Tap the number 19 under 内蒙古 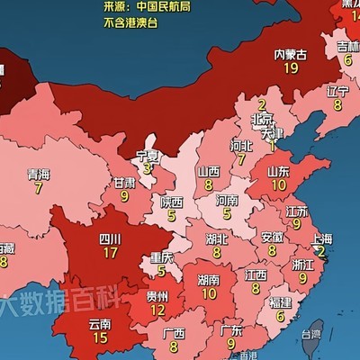click(289, 68)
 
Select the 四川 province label click(111, 239)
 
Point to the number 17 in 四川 click(111, 253)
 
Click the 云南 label click(100, 323)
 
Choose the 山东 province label click(279, 170)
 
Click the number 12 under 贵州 click(157, 310)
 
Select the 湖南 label click(209, 280)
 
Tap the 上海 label click(321, 238)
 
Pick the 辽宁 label click(337, 91)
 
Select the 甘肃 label click(124, 182)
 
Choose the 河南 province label click(227, 201)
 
